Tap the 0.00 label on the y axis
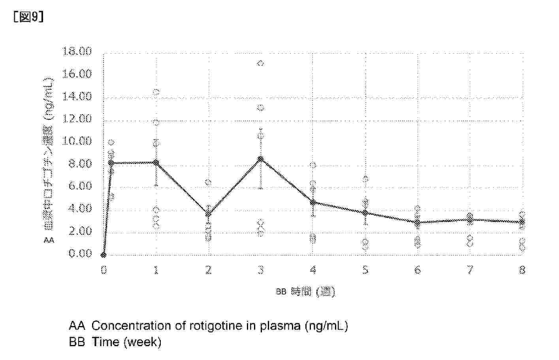click(x=80, y=253)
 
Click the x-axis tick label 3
click(x=261, y=270)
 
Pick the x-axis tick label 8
click(x=522, y=270)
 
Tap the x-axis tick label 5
click(x=365, y=270)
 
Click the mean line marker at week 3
click(x=261, y=159)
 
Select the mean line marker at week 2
click(x=209, y=214)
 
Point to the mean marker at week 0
click(x=104, y=255)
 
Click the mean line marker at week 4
click(x=313, y=202)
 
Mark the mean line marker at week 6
click(x=418, y=222)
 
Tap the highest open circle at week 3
click(x=261, y=63)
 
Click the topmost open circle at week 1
click(x=156, y=92)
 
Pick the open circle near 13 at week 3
click(x=261, y=108)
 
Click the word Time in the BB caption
click(x=105, y=342)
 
